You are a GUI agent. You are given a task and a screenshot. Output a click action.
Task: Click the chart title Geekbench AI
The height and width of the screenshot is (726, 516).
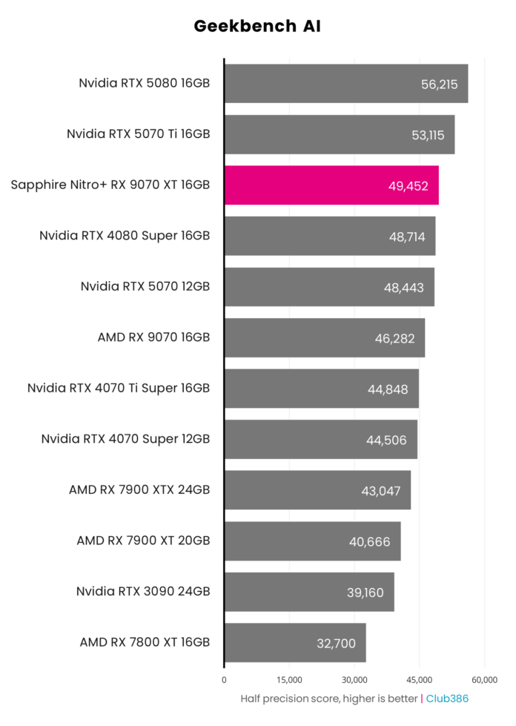257,27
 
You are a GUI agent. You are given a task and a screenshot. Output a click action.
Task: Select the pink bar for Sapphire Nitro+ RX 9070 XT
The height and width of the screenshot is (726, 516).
331,185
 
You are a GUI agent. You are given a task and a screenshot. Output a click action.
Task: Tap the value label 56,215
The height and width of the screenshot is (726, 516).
439,84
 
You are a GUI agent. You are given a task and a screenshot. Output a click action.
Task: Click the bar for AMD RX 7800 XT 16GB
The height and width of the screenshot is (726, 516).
294,642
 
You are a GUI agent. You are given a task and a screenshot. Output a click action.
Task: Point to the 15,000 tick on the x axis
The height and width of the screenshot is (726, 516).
289,679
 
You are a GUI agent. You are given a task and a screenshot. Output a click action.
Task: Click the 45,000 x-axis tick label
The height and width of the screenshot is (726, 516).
420,679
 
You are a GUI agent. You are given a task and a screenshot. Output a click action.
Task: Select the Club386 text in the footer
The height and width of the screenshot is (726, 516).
447,699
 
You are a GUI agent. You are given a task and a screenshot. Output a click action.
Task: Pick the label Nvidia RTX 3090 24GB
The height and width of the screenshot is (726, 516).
143,591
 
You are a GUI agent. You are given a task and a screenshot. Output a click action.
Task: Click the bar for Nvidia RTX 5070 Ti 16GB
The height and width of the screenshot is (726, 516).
339,134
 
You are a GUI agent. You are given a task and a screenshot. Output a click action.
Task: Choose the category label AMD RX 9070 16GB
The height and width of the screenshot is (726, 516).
153,337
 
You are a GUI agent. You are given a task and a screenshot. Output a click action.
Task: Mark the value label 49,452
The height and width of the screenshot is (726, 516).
408,185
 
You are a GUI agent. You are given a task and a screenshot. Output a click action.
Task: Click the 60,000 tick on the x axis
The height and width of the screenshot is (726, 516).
485,679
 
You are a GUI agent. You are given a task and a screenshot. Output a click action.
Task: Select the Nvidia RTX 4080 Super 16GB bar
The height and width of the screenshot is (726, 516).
329,236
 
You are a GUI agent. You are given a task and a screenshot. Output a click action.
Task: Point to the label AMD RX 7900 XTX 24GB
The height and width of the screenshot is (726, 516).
139,489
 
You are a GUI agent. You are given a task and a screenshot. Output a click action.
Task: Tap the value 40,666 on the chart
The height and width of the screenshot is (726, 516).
369,541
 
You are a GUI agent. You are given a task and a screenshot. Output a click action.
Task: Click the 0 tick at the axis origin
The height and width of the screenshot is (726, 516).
224,679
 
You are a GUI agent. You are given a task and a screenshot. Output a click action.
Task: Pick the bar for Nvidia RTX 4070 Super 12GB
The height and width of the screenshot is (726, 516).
320,439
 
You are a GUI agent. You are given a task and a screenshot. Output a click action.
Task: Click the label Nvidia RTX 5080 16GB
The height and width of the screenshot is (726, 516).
145,83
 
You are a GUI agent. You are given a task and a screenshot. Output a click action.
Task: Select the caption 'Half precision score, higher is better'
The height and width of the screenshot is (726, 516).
329,699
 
